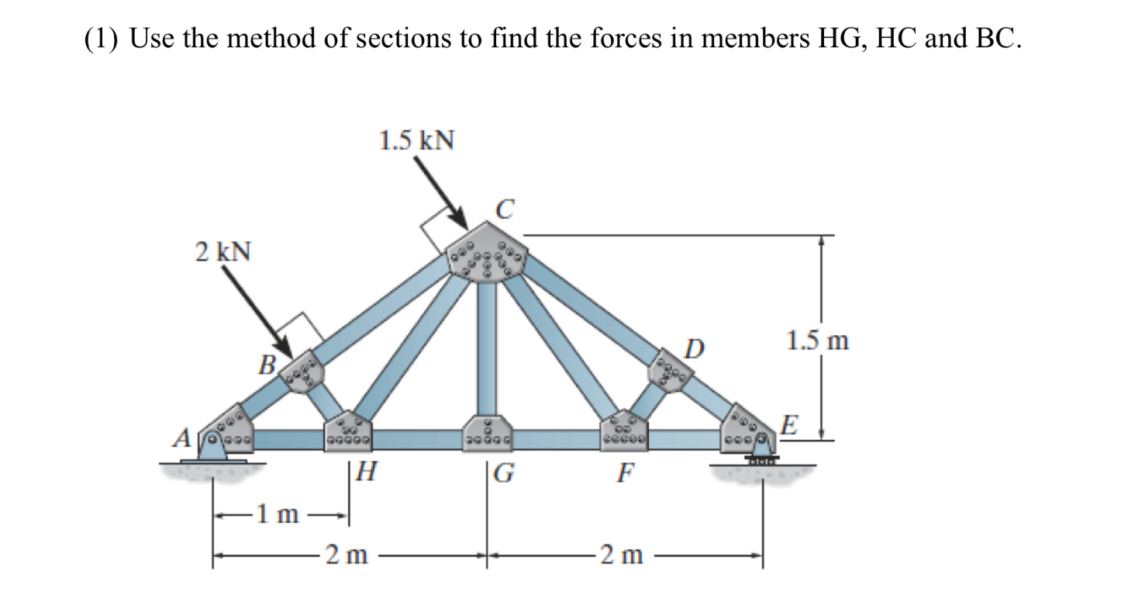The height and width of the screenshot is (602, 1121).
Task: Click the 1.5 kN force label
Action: (x=416, y=140)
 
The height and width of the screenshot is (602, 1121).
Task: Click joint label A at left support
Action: (x=182, y=439)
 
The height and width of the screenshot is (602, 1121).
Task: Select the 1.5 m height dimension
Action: (x=817, y=341)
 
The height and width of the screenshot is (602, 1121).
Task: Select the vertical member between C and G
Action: (x=488, y=349)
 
